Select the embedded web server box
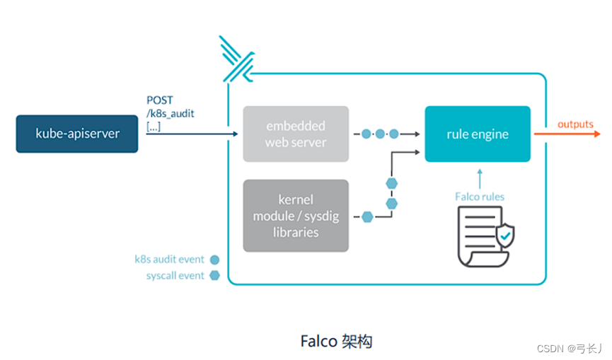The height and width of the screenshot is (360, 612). pyautogui.click(x=296, y=134)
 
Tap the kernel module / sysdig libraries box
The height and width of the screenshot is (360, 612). pyautogui.click(x=296, y=215)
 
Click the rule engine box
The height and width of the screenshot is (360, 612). pyautogui.click(x=477, y=134)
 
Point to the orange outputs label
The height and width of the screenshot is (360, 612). pyautogui.click(x=575, y=124)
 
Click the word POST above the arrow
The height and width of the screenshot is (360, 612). pyautogui.click(x=159, y=100)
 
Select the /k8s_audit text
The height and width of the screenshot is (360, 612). pyautogui.click(x=171, y=113)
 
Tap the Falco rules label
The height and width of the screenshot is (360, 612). pyautogui.click(x=480, y=196)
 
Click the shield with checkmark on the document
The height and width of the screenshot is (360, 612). pyautogui.click(x=504, y=236)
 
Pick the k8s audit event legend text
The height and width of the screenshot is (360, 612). pyautogui.click(x=169, y=260)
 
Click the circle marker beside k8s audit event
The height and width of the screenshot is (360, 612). pyautogui.click(x=215, y=260)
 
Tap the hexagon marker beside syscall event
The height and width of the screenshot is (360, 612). pyautogui.click(x=215, y=276)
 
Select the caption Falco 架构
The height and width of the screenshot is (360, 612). pyautogui.click(x=336, y=342)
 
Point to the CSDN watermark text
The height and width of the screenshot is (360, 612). pyautogui.click(x=569, y=348)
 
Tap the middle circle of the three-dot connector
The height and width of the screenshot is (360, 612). pyautogui.click(x=380, y=134)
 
